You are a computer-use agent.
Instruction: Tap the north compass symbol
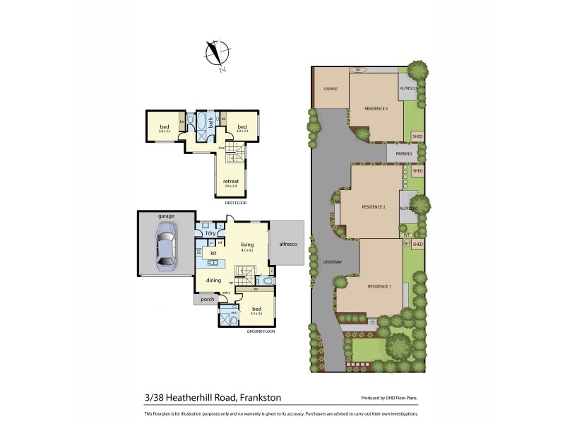click(x=215, y=52)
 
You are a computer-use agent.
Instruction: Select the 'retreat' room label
click(x=231, y=181)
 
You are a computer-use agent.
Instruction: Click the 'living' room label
click(x=247, y=245)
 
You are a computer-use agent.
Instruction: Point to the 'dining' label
click(x=214, y=281)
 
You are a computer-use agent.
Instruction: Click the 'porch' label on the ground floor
click(x=208, y=299)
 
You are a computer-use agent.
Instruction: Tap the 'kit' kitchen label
click(x=213, y=252)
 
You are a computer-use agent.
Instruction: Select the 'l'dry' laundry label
click(x=210, y=233)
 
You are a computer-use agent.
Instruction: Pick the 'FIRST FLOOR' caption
click(x=235, y=203)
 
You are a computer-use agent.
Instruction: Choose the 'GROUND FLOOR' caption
click(x=260, y=331)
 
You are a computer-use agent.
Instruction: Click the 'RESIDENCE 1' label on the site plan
click(x=379, y=286)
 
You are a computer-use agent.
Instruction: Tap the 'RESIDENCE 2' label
click(x=373, y=206)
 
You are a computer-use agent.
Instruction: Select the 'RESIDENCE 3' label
click(x=376, y=108)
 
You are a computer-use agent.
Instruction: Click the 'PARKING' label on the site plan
click(x=403, y=153)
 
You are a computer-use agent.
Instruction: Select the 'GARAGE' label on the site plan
click(x=330, y=89)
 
